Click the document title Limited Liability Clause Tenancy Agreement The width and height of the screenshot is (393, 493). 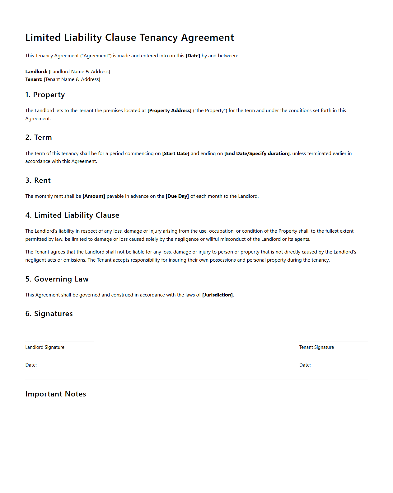129,37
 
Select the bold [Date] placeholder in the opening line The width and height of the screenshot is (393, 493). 193,56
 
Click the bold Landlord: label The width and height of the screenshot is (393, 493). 36,72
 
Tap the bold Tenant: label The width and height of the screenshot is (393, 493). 34,79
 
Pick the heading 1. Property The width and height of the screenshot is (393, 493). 45,95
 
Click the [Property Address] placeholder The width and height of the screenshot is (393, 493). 169,111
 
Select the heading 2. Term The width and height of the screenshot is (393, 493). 39,137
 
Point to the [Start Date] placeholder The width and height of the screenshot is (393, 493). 175,154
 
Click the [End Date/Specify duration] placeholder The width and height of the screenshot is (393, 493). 257,154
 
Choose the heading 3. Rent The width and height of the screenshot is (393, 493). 38,180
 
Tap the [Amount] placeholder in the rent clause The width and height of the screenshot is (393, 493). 94,196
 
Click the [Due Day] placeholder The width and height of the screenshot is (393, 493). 177,196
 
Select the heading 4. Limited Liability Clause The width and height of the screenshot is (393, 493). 72,215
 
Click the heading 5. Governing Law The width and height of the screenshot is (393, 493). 57,279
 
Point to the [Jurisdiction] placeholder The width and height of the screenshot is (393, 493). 217,295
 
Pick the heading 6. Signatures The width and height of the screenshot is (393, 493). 49,314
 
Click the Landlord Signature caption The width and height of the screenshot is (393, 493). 45,347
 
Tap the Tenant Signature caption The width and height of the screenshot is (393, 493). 316,347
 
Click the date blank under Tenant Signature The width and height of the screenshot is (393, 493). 335,365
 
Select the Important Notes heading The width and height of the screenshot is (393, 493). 56,394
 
